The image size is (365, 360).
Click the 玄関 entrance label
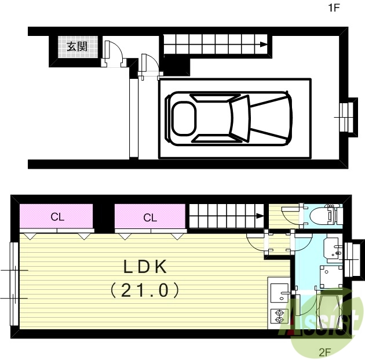pyautogui.click(x=77, y=47)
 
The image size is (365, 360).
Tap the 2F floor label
pyautogui.click(x=324, y=351)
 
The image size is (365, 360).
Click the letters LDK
pyautogui.click(x=144, y=267)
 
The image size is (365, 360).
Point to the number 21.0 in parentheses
pyautogui.click(x=144, y=290)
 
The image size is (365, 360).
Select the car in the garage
pyautogui.click(x=229, y=118)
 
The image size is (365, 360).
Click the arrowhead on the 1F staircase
pyautogui.click(x=264, y=45)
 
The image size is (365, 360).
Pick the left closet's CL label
pyautogui.click(x=57, y=217)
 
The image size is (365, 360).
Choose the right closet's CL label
pyautogui.click(x=150, y=218)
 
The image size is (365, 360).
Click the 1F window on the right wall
pyautogui.click(x=348, y=118)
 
